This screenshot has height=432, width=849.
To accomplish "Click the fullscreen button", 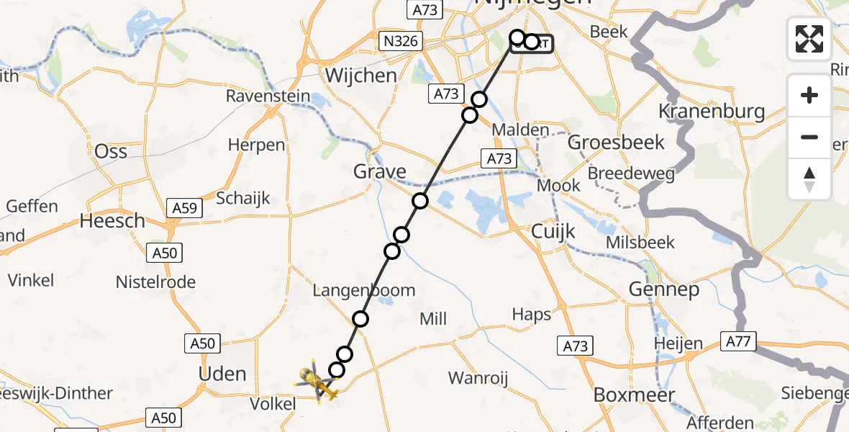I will (x=809, y=39).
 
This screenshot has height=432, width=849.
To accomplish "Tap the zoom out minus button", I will (x=809, y=137).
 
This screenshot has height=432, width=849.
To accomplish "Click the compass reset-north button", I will (x=809, y=179).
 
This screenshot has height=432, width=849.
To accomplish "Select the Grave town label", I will (x=379, y=172).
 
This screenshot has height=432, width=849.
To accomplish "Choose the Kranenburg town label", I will (x=712, y=112).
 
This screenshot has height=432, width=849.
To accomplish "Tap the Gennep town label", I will (x=663, y=289).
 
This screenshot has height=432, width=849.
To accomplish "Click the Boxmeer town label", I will (x=634, y=395).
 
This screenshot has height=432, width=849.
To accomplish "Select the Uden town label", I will (x=222, y=374).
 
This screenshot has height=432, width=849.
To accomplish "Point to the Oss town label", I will (x=111, y=151).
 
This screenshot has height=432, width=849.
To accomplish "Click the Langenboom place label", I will (x=363, y=290).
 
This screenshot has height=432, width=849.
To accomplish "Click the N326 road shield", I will (x=400, y=42).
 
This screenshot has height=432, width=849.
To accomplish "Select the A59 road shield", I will (x=184, y=208).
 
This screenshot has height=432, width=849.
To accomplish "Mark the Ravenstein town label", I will (x=268, y=96).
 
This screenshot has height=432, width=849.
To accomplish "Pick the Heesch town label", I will (x=112, y=220).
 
